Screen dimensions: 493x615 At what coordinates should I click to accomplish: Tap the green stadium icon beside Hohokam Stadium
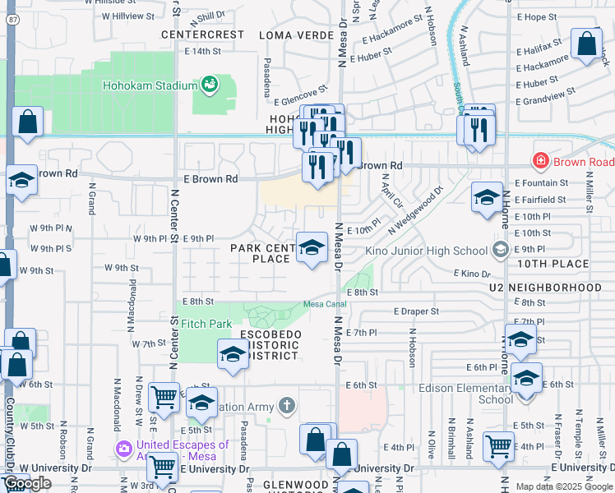click(210, 84)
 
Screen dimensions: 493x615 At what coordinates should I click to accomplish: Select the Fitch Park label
click(206, 324)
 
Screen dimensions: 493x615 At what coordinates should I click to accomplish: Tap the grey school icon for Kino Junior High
click(501, 249)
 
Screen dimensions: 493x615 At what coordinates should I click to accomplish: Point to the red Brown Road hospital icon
click(541, 161)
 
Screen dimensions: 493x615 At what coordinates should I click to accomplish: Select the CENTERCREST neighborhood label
click(202, 35)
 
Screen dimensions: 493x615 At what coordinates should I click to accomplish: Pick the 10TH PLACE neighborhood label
click(553, 263)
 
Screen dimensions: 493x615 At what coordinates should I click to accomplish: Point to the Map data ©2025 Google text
click(564, 486)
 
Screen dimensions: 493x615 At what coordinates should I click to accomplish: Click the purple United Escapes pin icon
click(124, 449)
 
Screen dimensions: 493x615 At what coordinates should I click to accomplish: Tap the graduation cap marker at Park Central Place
click(312, 246)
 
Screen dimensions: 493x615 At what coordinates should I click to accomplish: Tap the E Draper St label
click(416, 311)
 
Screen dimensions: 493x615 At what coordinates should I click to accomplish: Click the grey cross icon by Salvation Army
click(285, 405)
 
